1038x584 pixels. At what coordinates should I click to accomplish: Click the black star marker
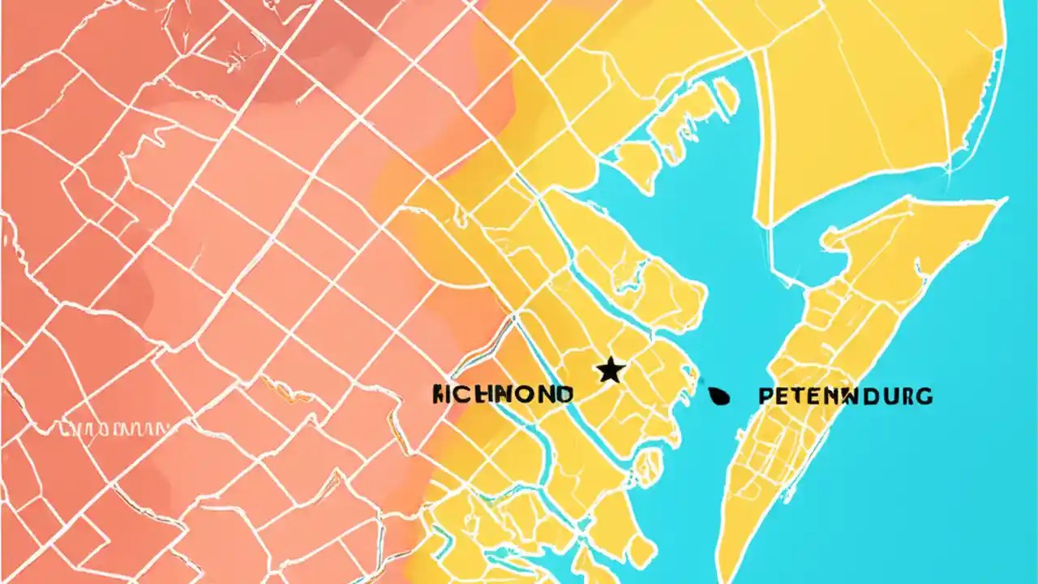[611, 371]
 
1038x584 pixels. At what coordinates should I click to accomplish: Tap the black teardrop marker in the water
[719, 396]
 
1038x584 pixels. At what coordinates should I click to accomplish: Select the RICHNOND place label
[503, 395]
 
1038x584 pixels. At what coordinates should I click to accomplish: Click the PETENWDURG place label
[845, 397]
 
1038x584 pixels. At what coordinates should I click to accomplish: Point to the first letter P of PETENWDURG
[766, 397]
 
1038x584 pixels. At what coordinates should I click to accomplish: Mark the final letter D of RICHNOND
[564, 395]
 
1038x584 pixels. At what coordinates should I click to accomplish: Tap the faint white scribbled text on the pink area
[114, 427]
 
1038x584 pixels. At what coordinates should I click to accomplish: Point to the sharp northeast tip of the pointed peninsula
[1004, 200]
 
